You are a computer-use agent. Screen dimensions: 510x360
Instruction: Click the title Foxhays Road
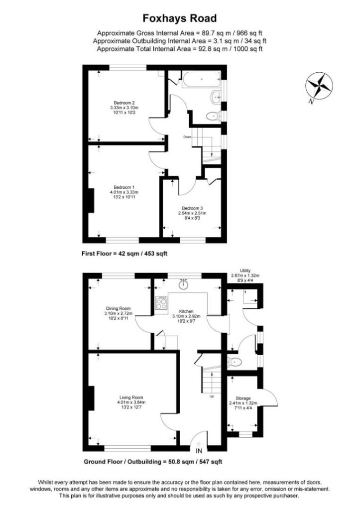coord(180,19)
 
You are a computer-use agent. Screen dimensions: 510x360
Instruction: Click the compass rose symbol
coord(319,85)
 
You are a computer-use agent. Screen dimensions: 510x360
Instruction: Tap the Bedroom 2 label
coord(124,103)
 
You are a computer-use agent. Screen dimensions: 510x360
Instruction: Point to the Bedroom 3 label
coord(192,208)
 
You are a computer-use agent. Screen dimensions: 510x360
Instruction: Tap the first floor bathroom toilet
coord(213,117)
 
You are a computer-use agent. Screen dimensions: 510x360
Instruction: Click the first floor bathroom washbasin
coord(216,97)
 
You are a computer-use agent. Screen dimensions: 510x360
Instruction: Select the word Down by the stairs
coord(187,137)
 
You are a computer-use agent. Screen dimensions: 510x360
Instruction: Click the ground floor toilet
coord(234,362)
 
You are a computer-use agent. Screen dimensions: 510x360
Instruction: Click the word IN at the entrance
coord(199,451)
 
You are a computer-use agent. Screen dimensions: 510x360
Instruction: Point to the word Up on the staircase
coord(212,396)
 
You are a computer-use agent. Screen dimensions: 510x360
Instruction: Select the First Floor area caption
coord(124,254)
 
